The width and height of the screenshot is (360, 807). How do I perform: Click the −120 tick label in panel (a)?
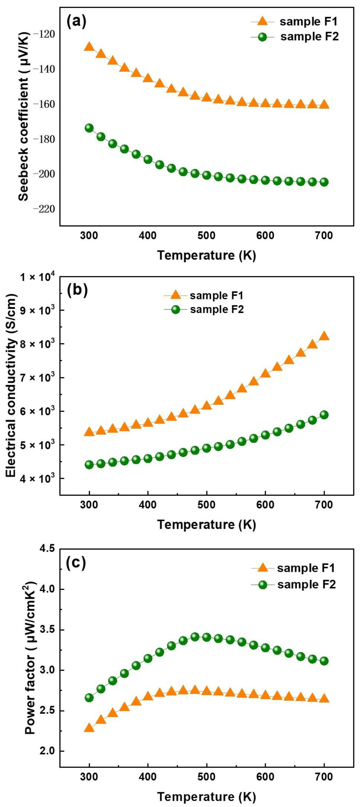pos(46,34)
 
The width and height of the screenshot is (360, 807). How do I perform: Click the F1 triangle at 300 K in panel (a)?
pos(89,47)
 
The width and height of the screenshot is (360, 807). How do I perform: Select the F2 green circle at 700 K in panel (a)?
pos(324,182)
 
